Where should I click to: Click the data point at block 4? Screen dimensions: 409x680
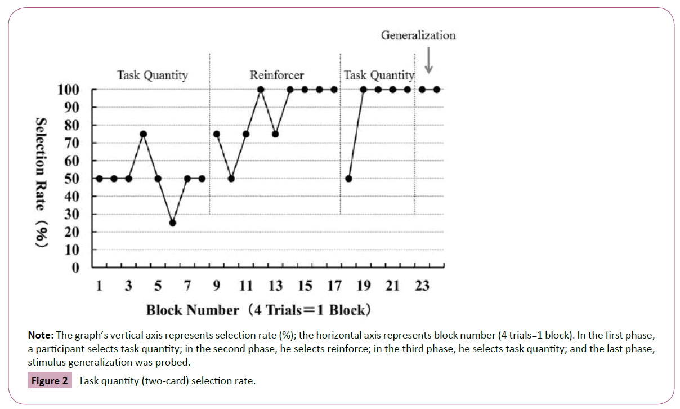[x=143, y=134]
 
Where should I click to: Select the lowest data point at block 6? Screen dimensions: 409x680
[x=172, y=223]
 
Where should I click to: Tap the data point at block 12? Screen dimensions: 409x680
[x=261, y=90]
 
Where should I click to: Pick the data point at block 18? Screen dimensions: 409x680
[x=349, y=179]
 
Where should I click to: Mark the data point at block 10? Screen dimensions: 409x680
[x=231, y=179]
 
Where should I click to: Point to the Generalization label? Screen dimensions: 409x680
[x=418, y=35]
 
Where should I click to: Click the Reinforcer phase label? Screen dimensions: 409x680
[x=276, y=75]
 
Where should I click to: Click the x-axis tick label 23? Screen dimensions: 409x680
[x=422, y=286]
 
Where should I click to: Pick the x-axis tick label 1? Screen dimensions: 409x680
[x=99, y=286]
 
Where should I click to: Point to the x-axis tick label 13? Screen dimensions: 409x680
[x=275, y=286]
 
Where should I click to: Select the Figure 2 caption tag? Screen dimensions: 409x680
[x=50, y=381]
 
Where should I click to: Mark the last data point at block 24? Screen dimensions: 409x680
[x=437, y=90]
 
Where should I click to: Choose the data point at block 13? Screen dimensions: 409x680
[x=275, y=134]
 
